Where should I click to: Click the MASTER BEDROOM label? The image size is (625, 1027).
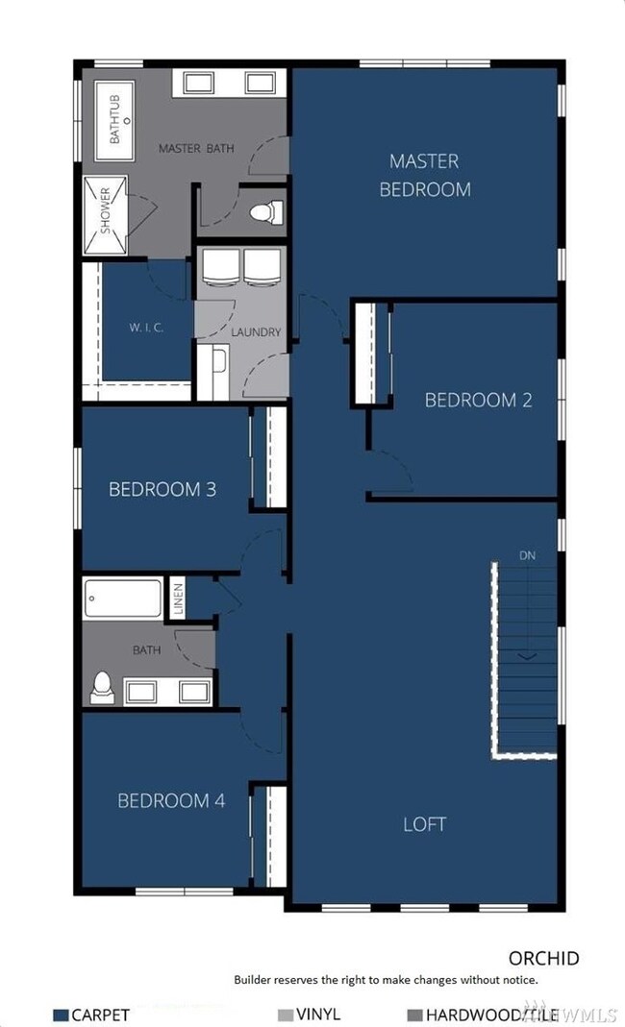pyautogui.click(x=425, y=175)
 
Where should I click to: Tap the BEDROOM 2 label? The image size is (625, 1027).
pyautogui.click(x=478, y=400)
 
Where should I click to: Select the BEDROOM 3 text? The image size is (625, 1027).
pyautogui.click(x=162, y=489)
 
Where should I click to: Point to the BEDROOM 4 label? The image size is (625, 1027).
pyautogui.click(x=171, y=800)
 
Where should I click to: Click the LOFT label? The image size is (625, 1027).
pyautogui.click(x=424, y=824)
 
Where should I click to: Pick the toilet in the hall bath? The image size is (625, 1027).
pyautogui.click(x=101, y=686)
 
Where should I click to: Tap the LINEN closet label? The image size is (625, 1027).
pyautogui.click(x=178, y=599)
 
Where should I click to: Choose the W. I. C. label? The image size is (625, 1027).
pyautogui.click(x=146, y=327)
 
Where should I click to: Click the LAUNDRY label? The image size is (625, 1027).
pyautogui.click(x=256, y=332)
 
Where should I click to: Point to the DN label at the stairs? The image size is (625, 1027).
pyautogui.click(x=527, y=555)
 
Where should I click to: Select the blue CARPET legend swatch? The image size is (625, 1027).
pyautogui.click(x=61, y=1015)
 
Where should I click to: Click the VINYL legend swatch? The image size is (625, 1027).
pyautogui.click(x=284, y=1015)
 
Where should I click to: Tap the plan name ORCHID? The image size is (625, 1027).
pyautogui.click(x=543, y=958)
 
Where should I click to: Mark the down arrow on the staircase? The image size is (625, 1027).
pyautogui.click(x=527, y=656)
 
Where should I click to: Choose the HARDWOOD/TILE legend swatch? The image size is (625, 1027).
pyautogui.click(x=414, y=1015)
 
